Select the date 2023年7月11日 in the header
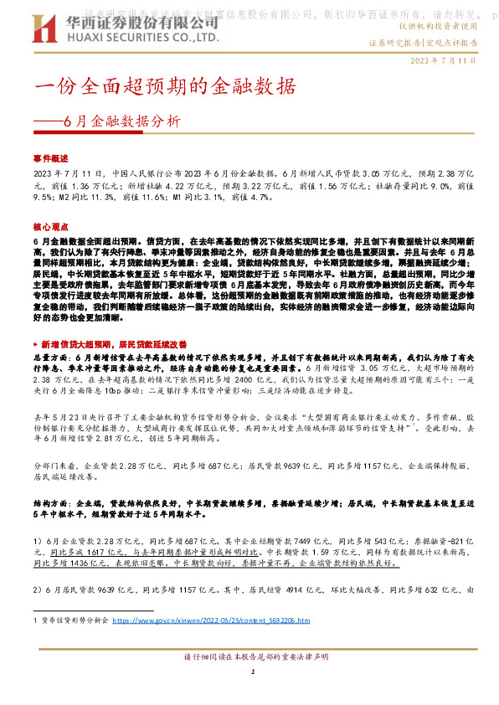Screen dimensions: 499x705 444,61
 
